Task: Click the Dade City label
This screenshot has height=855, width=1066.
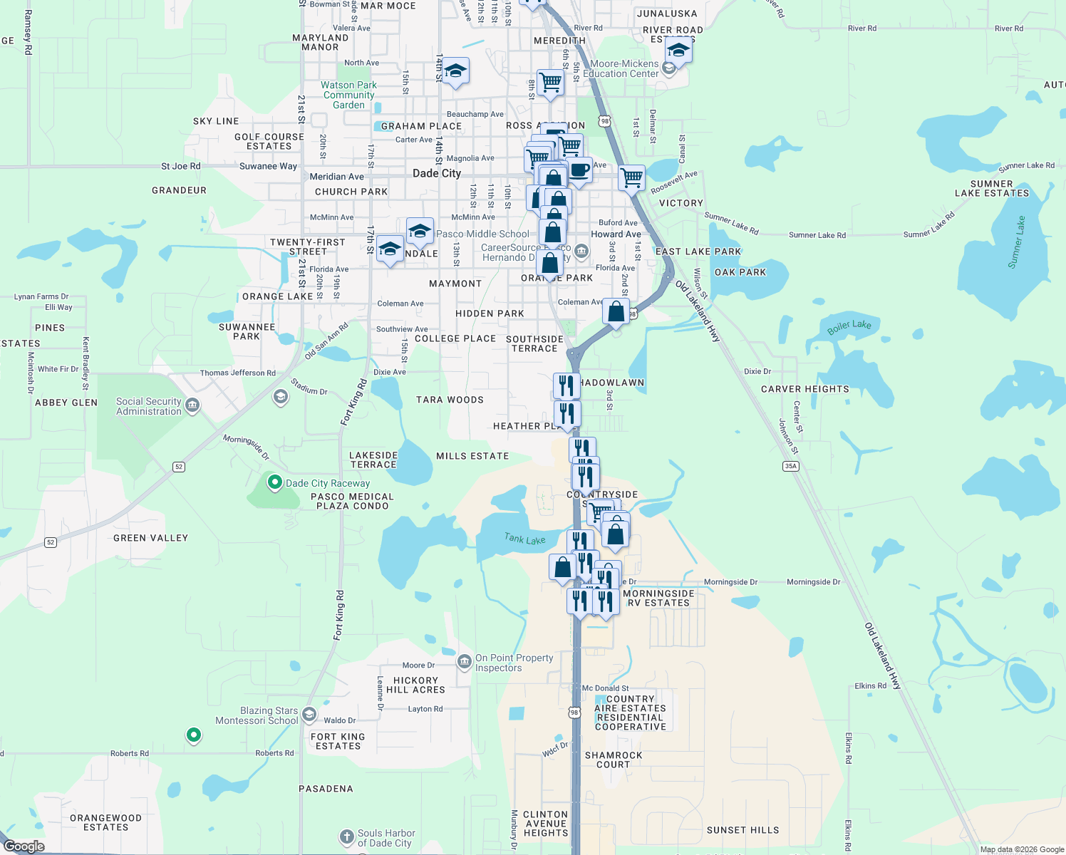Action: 437,173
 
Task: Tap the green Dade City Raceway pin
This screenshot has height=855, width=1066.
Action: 274,483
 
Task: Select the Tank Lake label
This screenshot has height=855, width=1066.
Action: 525,539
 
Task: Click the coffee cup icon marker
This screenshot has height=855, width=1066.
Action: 579,170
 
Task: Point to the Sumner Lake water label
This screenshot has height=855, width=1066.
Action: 1017,242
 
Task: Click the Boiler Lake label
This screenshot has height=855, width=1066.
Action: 849,327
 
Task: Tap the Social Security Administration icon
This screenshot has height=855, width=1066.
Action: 192,406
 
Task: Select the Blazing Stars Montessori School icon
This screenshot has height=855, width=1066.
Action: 309,714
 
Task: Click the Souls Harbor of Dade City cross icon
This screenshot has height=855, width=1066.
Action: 346,837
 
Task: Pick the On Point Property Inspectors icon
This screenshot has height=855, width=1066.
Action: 464,662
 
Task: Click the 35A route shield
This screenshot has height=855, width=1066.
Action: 790,466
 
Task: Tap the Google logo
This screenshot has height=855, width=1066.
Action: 24,846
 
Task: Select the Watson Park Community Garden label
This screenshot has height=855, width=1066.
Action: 348,95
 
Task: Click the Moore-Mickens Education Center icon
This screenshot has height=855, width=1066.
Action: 668,68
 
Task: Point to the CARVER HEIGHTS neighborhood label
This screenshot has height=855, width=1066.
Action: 805,389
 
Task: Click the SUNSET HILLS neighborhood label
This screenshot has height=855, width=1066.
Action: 742,830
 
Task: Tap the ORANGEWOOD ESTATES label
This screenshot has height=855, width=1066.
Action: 105,822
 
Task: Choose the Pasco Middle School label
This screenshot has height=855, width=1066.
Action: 483,234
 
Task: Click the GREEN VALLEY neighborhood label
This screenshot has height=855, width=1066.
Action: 150,538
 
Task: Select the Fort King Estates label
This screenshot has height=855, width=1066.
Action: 338,741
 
